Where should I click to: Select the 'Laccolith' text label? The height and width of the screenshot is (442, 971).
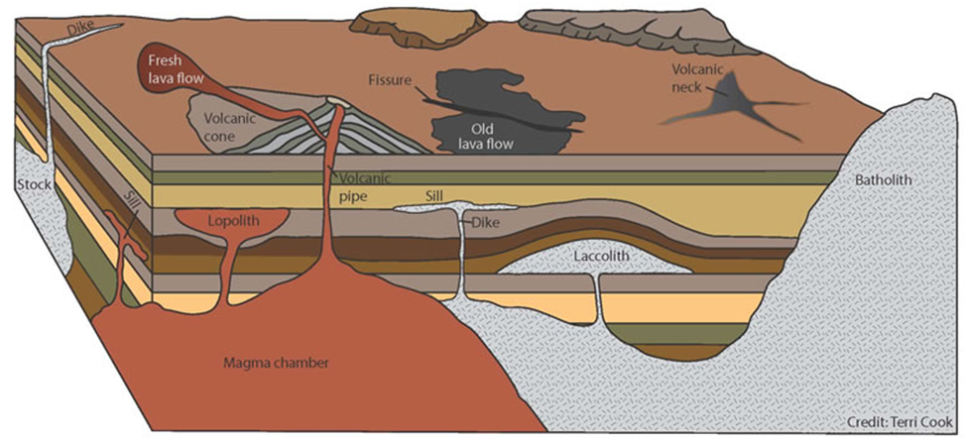pos(601,256)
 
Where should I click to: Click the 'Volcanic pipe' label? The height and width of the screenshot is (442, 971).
pos(363,185)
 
